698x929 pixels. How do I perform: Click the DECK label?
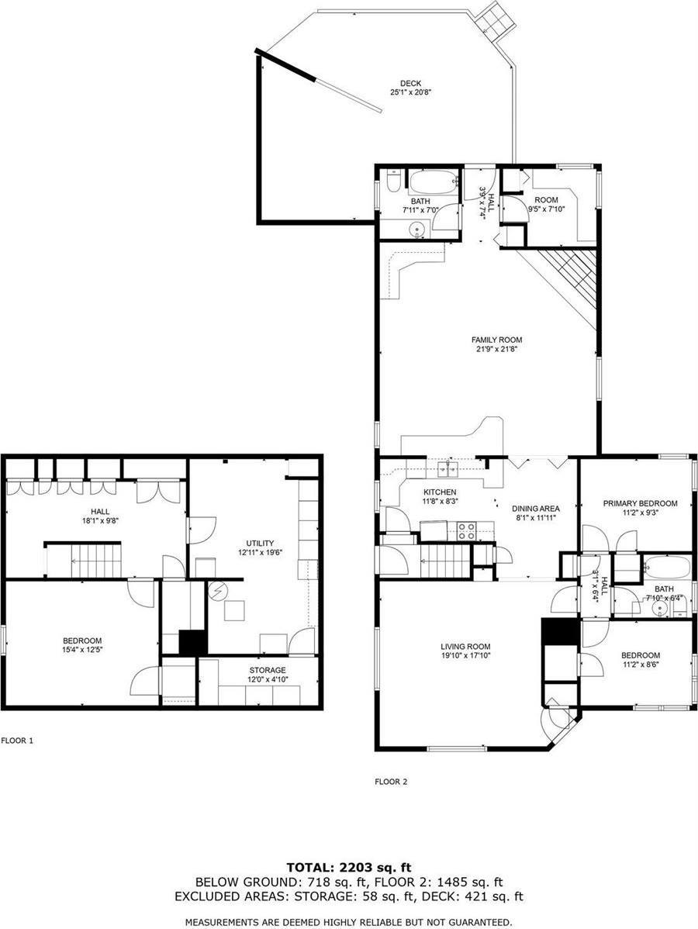(410, 84)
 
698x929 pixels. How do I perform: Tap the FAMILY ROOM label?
(496, 340)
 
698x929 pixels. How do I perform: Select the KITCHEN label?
(440, 492)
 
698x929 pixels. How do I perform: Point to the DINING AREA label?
(536, 509)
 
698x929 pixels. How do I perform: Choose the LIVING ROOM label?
(465, 647)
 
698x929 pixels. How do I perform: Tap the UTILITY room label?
(260, 543)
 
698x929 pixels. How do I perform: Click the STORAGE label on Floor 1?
(268, 670)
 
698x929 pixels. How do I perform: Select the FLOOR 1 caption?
(18, 741)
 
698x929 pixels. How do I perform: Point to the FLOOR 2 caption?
(391, 782)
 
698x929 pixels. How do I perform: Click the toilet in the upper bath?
(394, 181)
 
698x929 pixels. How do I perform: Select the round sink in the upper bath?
(419, 229)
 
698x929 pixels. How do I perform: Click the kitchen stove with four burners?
(466, 531)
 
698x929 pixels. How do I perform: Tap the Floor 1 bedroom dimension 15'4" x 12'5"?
(82, 650)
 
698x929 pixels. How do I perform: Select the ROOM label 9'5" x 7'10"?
(546, 200)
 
